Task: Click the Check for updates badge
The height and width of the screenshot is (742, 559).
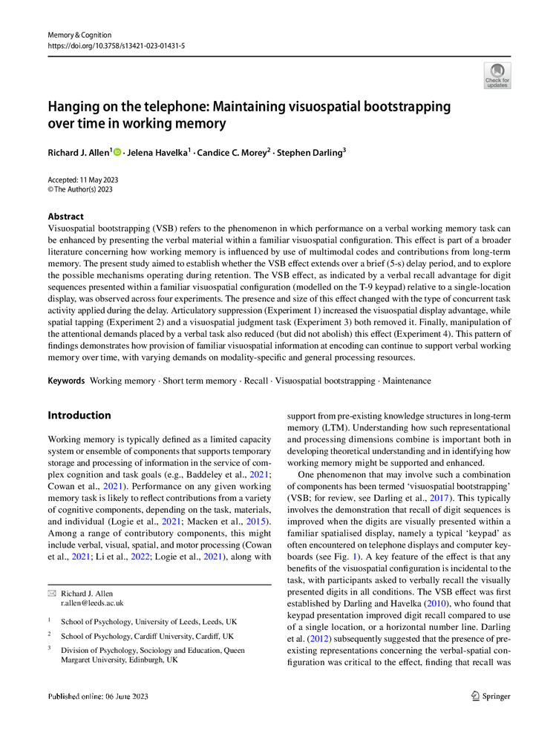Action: point(497,76)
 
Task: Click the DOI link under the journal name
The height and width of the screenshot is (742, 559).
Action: point(117,45)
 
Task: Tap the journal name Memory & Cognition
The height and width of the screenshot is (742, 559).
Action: point(79,35)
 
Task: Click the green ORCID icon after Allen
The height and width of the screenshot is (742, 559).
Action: point(117,152)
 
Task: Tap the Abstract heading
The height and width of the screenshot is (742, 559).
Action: point(66,217)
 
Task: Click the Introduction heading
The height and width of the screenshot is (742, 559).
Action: point(79,416)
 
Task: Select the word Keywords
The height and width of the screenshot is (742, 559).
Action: point(65,381)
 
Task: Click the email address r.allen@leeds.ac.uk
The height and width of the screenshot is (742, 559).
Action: point(92,603)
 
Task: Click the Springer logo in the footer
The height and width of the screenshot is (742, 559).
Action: point(491,696)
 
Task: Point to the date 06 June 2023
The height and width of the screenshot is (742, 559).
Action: point(118,696)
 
